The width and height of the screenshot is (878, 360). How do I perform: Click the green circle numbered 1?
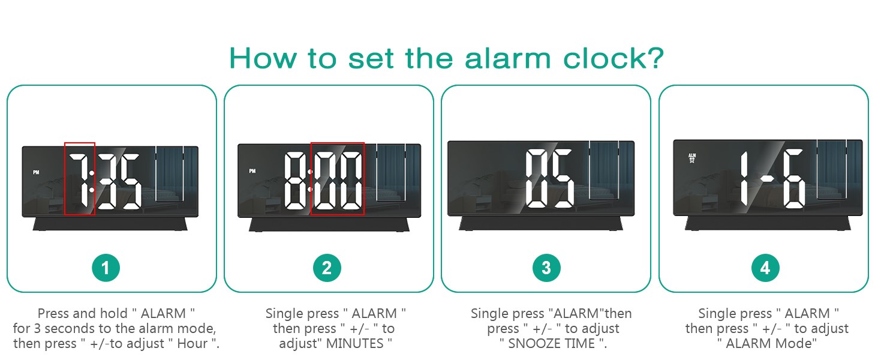106,268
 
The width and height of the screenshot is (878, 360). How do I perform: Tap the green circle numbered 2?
327,268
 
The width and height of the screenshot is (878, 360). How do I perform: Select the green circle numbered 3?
546,268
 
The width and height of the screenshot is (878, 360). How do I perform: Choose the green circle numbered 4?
765,268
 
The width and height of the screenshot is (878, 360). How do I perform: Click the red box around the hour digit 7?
80,178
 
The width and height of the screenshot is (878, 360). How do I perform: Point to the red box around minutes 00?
337,178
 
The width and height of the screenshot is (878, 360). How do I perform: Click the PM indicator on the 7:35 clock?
36,173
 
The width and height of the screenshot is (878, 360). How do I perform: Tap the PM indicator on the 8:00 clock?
252,171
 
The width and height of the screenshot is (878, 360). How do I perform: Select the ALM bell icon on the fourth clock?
692,158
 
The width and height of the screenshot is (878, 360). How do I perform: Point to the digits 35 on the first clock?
120,181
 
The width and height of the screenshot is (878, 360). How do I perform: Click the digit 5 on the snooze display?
562,179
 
